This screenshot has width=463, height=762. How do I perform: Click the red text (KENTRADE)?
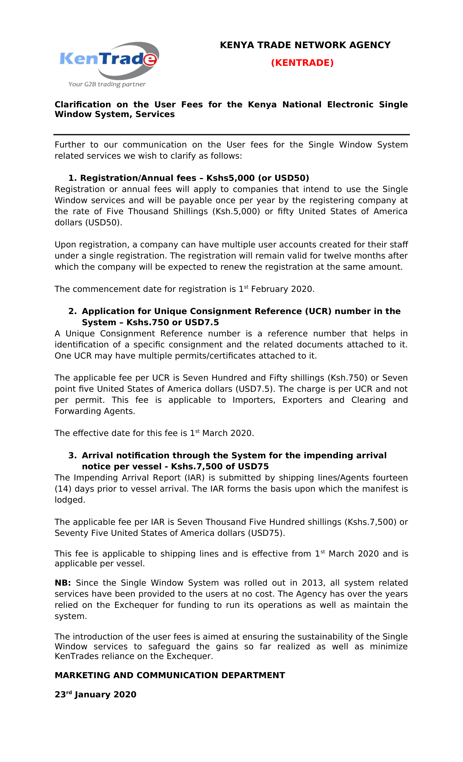302,63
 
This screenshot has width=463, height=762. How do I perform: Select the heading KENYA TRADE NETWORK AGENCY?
305,45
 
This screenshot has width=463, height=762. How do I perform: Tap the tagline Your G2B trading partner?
107,84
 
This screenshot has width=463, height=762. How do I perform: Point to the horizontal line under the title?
231,134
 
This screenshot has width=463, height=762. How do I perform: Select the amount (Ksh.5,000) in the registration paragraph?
236,211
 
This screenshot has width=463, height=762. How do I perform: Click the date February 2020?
283,289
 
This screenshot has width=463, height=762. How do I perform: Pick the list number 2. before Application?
72,311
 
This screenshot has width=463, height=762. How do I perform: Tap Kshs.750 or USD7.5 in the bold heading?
172,322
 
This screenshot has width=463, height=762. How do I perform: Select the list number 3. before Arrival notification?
72,456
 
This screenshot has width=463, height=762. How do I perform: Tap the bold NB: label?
63,583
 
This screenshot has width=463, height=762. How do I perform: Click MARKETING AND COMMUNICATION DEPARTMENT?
170,675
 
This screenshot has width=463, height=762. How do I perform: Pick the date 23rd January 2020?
95,695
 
